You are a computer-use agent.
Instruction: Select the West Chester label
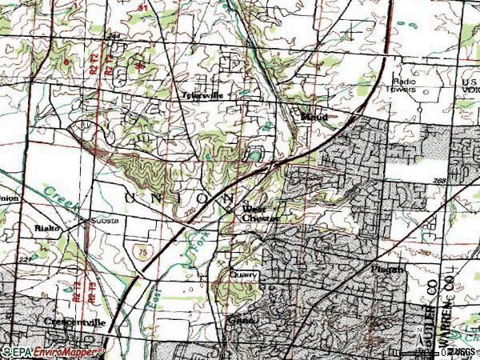(x=260, y=214)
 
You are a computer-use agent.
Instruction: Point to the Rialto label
(x=47, y=227)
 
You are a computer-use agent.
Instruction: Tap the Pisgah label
(x=388, y=270)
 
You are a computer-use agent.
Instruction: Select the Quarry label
(x=244, y=274)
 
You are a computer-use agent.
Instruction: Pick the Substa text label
(x=103, y=220)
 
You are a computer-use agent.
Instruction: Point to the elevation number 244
(x=113, y=36)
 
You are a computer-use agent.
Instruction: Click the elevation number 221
(x=26, y=260)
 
